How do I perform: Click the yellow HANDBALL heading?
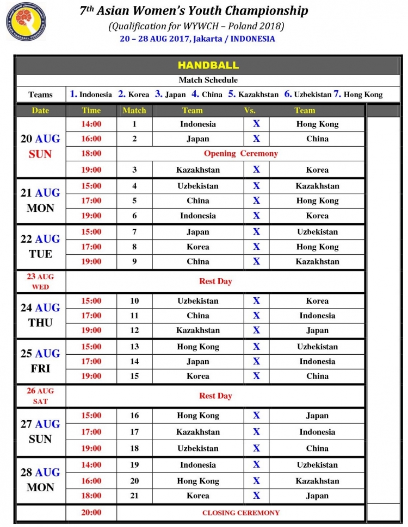(208, 65)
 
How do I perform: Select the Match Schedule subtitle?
(208, 80)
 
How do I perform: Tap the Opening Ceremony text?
(240, 154)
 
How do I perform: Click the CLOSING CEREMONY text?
(241, 512)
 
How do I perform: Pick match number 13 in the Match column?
(134, 347)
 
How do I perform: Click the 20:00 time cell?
(91, 512)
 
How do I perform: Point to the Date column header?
(40, 110)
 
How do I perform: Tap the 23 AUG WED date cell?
(41, 281)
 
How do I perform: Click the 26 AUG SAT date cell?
(41, 396)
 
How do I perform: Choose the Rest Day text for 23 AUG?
(215, 281)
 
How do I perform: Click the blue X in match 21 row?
(256, 495)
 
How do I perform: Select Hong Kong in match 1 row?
(317, 124)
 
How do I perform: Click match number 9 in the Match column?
(134, 261)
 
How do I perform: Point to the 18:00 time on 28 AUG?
(91, 495)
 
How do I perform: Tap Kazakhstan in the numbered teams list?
(258, 95)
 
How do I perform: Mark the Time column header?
(91, 110)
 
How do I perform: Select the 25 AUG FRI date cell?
(41, 361)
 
